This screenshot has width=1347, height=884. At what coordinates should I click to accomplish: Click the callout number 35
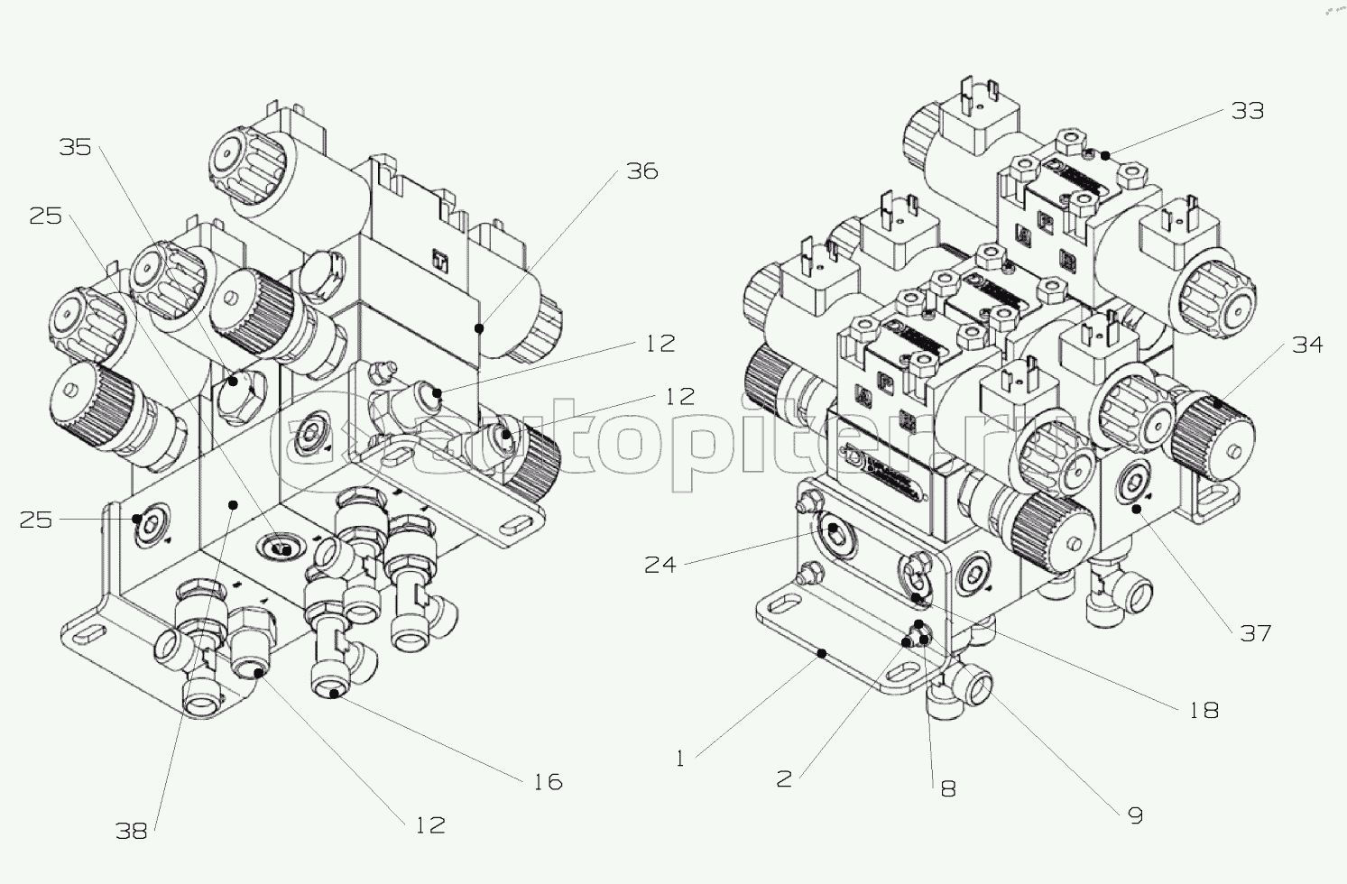75,147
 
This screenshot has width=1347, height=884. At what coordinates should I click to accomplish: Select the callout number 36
642,171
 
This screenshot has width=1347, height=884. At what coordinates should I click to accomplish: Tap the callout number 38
131,831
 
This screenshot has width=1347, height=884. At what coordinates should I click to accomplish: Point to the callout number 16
548,782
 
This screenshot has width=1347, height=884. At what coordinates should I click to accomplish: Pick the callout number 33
1247,111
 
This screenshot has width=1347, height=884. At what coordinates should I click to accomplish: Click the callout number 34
1306,345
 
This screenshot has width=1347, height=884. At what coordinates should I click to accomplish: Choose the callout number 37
1256,633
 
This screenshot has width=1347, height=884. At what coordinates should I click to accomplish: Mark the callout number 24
660,565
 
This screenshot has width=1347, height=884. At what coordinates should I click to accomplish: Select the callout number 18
1204,711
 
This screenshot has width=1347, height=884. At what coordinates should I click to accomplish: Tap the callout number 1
680,760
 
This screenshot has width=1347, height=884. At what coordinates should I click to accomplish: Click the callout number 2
784,779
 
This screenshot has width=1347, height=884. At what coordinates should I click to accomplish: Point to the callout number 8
948,788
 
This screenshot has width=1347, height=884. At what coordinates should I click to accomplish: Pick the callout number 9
1135,815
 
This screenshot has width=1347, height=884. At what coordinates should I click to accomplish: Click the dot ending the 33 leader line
1105,156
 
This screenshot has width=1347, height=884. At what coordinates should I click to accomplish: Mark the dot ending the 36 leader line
479,328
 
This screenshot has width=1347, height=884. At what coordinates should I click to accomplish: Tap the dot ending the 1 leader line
822,653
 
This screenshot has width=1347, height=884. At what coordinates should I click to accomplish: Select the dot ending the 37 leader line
1137,510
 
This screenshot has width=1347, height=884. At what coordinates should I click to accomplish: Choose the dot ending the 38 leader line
234,504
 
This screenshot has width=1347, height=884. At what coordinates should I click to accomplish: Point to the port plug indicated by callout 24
834,529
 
